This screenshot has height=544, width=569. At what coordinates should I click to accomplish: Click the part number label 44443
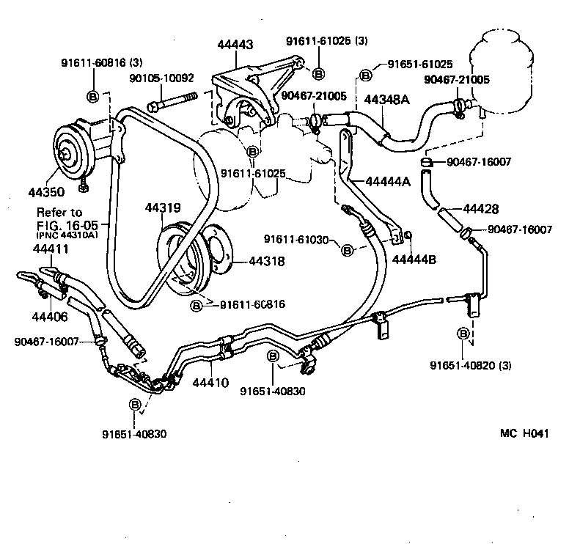[x=235, y=45]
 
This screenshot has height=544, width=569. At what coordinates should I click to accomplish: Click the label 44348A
[x=385, y=100]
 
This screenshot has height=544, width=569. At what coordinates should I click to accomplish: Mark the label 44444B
[x=415, y=259]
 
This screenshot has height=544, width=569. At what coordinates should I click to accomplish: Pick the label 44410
[x=211, y=382]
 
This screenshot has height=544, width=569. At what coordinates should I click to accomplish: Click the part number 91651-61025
[x=420, y=65]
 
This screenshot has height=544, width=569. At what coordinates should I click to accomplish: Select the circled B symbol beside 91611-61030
[x=348, y=250]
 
